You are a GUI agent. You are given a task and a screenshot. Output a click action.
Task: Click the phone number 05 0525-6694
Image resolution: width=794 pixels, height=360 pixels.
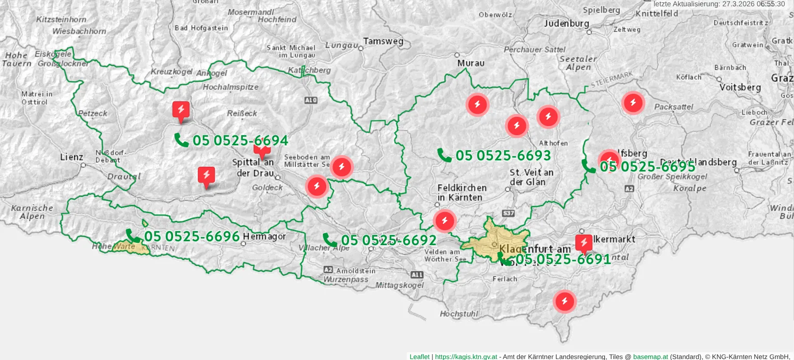tap(240, 141)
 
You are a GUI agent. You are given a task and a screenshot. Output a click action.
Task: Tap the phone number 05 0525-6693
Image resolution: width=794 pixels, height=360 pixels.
tap(503, 156)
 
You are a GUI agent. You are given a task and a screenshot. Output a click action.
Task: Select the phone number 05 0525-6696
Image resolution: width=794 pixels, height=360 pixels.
tap(192, 236)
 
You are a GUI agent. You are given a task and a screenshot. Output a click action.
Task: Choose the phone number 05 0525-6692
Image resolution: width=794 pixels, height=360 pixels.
tap(389, 240)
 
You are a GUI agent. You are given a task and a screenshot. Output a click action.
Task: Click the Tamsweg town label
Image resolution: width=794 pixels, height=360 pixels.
tap(383, 41)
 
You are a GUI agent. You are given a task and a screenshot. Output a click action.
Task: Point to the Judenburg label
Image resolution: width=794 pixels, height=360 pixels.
tap(566, 23)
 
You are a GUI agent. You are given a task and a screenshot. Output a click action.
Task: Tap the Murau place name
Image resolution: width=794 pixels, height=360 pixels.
tap(471, 63)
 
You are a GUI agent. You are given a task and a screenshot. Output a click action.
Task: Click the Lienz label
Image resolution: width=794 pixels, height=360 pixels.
tap(71, 157)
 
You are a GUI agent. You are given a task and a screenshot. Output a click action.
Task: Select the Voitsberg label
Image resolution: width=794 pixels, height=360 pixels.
tap(740, 87)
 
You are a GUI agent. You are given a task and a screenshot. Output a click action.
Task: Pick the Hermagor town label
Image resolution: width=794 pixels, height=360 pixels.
tap(264, 236)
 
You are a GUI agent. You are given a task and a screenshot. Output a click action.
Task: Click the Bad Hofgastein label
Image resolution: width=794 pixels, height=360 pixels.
tap(201, 28)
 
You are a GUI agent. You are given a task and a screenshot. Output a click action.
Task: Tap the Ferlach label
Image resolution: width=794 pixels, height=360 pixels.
tap(505, 279)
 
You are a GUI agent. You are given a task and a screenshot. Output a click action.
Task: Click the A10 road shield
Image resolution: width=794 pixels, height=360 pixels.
tap(311, 100)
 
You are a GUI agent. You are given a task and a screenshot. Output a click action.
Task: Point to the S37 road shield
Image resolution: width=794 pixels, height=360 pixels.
tap(508, 213)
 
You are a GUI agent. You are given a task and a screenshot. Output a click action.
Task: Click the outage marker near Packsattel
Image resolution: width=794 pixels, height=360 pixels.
tap(633, 103)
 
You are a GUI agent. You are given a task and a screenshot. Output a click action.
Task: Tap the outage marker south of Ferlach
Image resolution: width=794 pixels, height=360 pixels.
tap(565, 301)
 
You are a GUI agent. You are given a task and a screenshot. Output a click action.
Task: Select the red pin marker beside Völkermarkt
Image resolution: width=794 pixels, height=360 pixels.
tap(584, 243)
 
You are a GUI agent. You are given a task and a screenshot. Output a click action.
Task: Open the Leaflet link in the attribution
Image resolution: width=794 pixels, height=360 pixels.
tap(419, 357)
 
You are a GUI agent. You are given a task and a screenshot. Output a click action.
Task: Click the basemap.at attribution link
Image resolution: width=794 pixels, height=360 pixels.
tap(650, 357)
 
